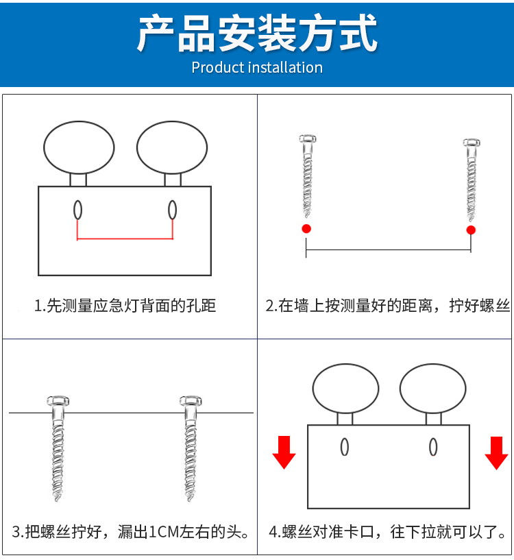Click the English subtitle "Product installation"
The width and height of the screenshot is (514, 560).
point(257,67)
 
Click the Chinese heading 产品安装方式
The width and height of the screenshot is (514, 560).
point(257,33)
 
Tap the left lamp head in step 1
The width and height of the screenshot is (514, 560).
point(79,147)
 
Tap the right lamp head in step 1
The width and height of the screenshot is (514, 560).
point(172,147)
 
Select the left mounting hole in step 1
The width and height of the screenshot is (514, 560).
point(77,210)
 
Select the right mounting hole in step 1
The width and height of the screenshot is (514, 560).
point(172,210)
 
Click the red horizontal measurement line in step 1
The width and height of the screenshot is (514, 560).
point(125,239)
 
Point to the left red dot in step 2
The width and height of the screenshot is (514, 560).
point(306,228)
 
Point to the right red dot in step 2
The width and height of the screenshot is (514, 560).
point(471,230)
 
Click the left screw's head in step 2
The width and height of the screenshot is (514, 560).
point(308,138)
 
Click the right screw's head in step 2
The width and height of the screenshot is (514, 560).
point(472,143)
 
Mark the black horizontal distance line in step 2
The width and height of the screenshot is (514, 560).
point(389,249)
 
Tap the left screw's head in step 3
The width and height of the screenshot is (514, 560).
point(58,401)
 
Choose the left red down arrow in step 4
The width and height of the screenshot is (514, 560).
point(284,452)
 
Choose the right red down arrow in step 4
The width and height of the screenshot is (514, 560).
point(496,453)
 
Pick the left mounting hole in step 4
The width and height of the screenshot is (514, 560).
point(344,447)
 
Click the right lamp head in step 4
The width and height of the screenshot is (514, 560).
point(433,389)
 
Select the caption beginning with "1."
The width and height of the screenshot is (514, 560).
point(125,306)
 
